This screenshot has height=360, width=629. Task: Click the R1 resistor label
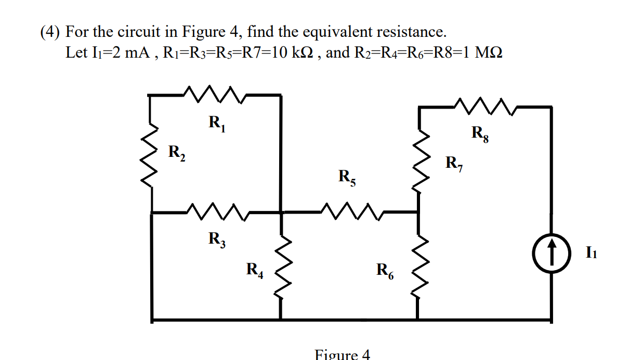[217, 124]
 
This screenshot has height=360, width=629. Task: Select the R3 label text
[217, 239]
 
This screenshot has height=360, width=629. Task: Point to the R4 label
[255, 270]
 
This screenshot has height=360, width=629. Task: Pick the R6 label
[385, 271]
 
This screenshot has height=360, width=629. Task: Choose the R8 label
[481, 134]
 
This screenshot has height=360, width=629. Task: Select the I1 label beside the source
[591, 253]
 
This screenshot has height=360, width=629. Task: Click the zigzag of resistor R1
[214, 95]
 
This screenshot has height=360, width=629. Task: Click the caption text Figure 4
[343, 355]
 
